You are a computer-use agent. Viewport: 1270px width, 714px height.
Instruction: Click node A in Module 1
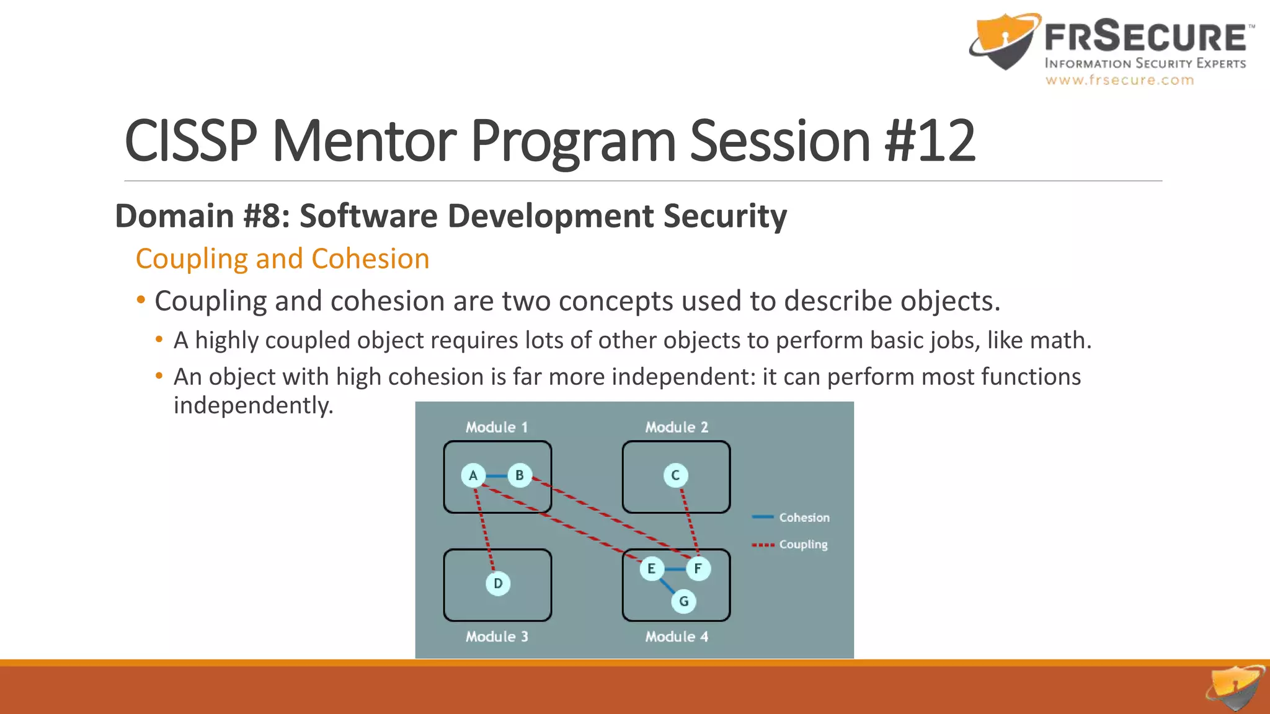click(x=473, y=475)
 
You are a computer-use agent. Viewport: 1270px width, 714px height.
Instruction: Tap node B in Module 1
click(x=520, y=475)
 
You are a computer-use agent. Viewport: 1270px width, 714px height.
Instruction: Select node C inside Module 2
click(x=675, y=475)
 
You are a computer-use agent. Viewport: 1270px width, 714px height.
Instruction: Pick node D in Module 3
click(x=498, y=583)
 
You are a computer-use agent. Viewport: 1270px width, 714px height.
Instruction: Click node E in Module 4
click(x=651, y=568)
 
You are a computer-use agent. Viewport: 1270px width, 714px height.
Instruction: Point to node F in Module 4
click(x=698, y=568)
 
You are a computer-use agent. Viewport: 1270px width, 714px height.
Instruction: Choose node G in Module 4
click(x=683, y=601)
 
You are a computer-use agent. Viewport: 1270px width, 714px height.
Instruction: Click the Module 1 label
click(x=497, y=427)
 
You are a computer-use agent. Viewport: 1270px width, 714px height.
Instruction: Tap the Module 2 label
click(x=677, y=427)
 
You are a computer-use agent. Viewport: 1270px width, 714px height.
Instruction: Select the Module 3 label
click(x=497, y=637)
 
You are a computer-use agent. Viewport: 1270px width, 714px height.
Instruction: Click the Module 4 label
click(x=677, y=637)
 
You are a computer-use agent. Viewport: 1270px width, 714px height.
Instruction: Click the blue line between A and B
click(x=496, y=475)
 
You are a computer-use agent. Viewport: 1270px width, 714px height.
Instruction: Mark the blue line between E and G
click(x=667, y=584)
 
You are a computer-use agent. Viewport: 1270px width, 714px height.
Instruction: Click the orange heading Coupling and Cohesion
click(x=282, y=258)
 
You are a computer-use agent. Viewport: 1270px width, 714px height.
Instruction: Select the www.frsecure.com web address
click(x=1119, y=80)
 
